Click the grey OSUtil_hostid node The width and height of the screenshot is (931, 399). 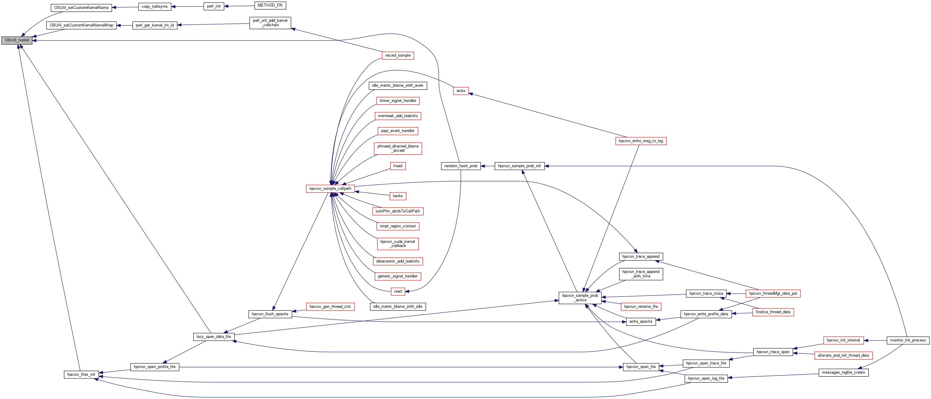tap(17, 40)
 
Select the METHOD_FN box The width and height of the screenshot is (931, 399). tap(270, 5)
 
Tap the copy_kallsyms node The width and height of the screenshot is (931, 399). tap(154, 7)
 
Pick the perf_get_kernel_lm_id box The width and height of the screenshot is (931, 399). tap(155, 25)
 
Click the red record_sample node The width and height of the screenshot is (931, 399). tap(397, 55)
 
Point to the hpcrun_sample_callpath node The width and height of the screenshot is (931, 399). tap(330, 188)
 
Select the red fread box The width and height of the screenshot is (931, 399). tap(397, 166)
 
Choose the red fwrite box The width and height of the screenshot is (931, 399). tap(397, 196)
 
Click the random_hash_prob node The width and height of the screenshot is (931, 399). tap(461, 166)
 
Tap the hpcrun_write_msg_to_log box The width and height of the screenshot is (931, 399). tap(641, 141)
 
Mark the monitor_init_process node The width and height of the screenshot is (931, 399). tap(907, 340)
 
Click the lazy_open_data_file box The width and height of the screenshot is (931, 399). tap(214, 336)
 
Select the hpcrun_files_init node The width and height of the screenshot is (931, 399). tap(81, 375)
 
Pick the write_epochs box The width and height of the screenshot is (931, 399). tap(641, 321)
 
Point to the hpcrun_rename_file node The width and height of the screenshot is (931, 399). tap(641, 307)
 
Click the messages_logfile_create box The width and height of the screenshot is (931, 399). tap(843, 372)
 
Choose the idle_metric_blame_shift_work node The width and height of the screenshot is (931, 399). tap(397, 86)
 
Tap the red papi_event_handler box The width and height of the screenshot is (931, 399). tap(397, 131)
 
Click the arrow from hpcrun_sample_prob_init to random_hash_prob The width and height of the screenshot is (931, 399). tap(488, 166)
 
